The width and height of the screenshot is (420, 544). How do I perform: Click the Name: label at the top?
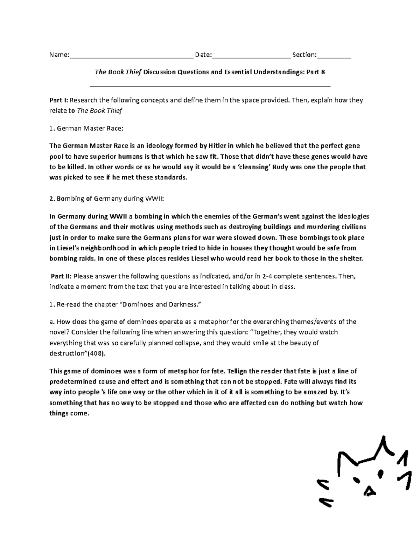(59, 55)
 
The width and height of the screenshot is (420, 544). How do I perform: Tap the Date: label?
(203, 55)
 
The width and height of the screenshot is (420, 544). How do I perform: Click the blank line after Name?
(131, 56)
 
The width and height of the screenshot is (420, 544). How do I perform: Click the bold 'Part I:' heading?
(59, 100)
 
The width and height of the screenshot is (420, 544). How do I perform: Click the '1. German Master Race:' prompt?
(86, 129)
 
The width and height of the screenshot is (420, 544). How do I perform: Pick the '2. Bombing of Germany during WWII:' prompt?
(107, 199)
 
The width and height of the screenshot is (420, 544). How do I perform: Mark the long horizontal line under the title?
(210, 86)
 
